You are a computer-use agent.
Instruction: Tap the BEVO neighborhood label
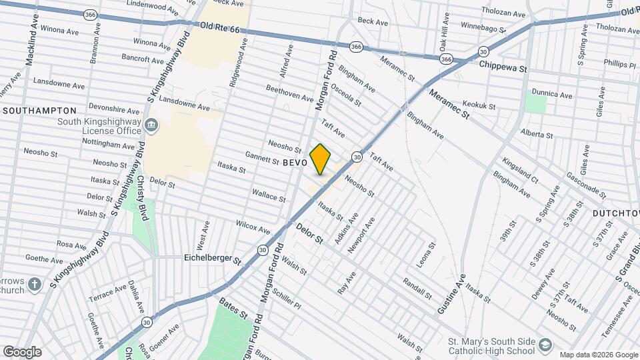click(x=295, y=163)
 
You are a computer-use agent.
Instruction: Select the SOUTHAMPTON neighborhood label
click(x=39, y=110)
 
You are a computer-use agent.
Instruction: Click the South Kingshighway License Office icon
click(x=151, y=125)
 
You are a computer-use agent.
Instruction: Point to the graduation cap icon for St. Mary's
click(x=546, y=345)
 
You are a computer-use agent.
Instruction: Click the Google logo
click(x=22, y=351)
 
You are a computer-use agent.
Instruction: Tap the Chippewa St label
click(x=503, y=68)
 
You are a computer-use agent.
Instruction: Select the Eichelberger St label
click(x=212, y=257)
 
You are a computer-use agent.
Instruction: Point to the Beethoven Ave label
click(x=289, y=93)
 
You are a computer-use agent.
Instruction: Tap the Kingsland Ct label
click(x=521, y=170)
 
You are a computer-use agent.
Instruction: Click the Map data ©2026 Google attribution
click(x=598, y=355)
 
